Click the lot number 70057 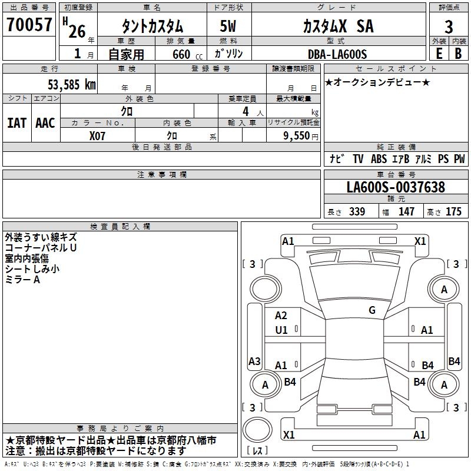click(29, 25)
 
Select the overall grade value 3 click(449, 27)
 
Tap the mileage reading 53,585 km click(72, 85)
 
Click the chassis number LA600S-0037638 click(396, 187)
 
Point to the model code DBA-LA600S click(337, 54)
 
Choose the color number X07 click(97, 136)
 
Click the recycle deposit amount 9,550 click(297, 136)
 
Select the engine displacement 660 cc click(187, 55)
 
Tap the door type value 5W click(228, 26)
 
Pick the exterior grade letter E click(439, 54)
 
